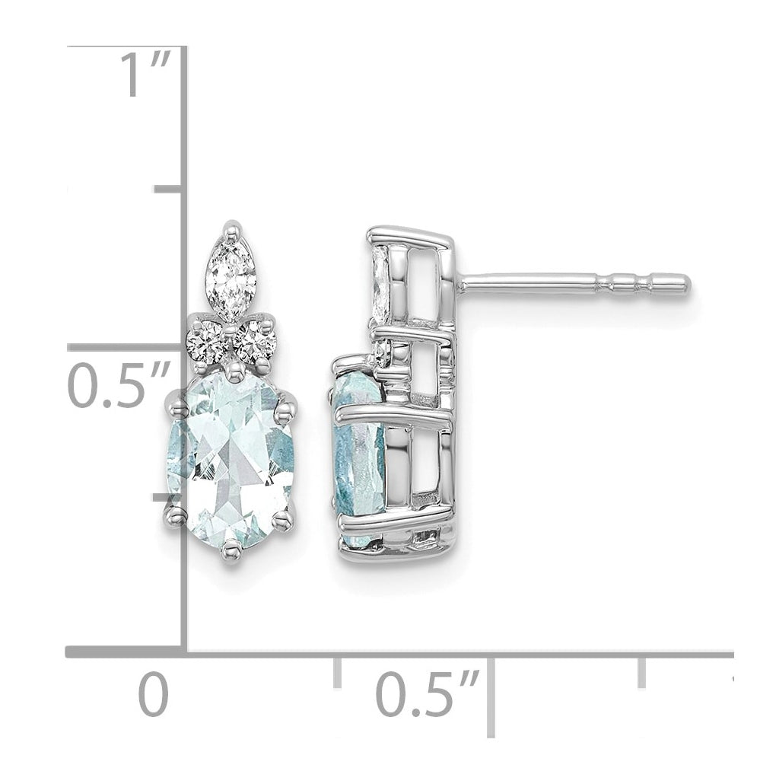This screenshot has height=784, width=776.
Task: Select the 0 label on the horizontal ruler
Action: pyautogui.click(x=154, y=695)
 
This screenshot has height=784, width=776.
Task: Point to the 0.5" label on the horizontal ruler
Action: pyautogui.click(x=428, y=695)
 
